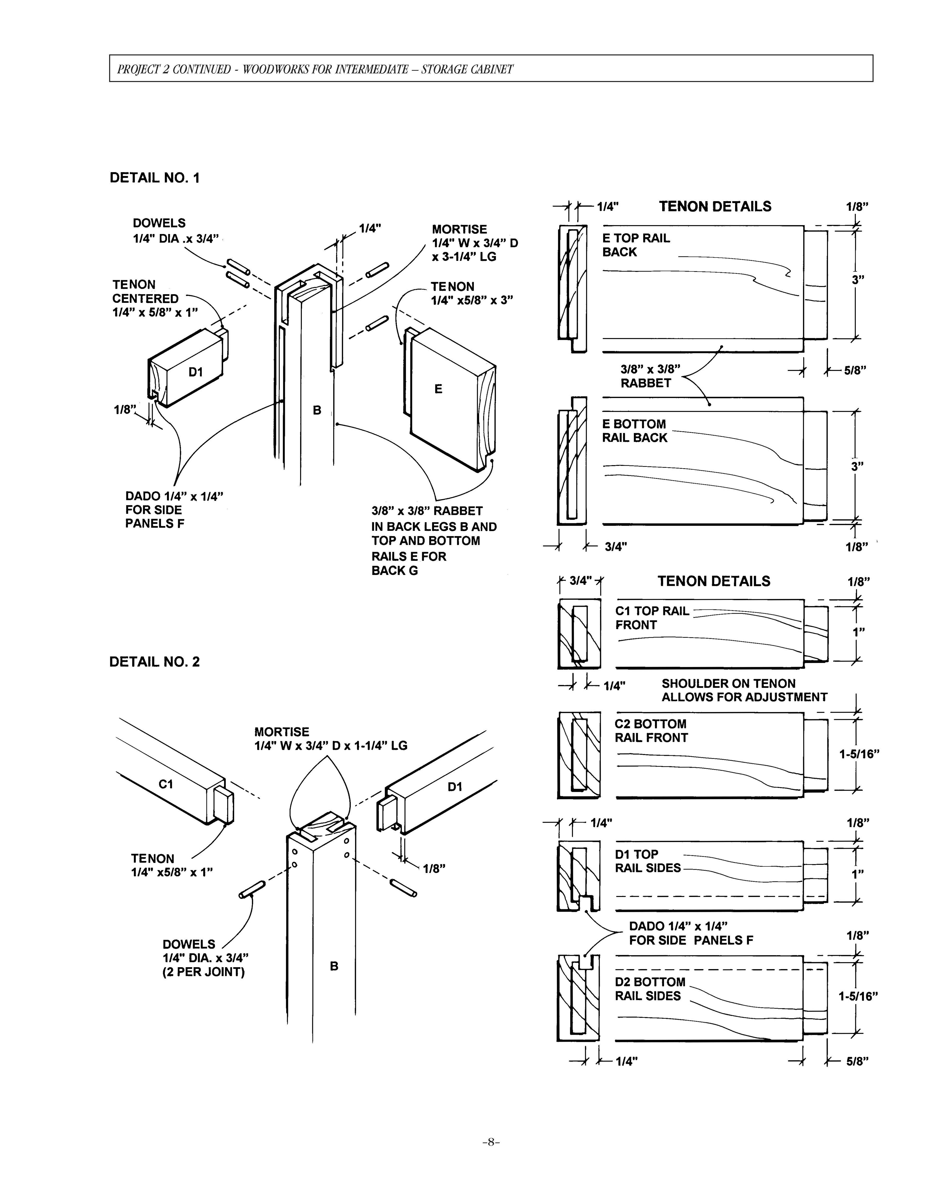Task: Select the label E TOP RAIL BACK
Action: click(636, 245)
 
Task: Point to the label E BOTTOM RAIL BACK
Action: click(634, 431)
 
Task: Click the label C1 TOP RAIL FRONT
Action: click(652, 618)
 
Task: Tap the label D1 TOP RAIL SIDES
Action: click(648, 861)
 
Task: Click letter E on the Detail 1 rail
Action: click(438, 389)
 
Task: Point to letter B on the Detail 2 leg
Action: click(334, 966)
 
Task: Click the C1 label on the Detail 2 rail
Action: click(166, 784)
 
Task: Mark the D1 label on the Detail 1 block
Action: click(196, 372)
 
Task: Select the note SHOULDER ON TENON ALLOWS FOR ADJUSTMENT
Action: click(744, 690)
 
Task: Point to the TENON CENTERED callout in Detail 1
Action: click(155, 298)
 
